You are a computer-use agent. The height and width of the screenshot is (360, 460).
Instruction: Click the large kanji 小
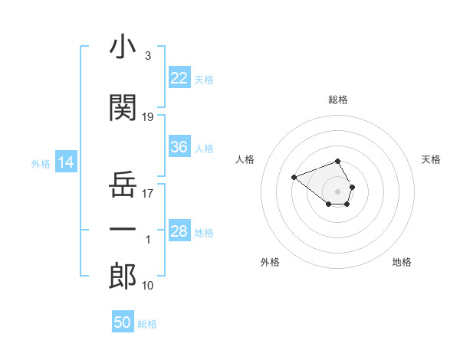pos(123,46)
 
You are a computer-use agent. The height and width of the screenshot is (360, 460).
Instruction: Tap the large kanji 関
pos(123,107)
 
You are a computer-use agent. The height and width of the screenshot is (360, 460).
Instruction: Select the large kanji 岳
pos(123,184)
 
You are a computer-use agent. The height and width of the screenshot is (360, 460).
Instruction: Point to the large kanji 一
pos(123,229)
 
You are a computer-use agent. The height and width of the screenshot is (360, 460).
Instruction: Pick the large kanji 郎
pos(123,276)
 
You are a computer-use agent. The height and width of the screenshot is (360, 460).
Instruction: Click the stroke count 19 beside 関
pos(147,117)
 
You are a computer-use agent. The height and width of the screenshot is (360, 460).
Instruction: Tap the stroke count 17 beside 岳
pos(147,194)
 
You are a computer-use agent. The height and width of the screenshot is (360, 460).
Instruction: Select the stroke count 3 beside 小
pos(148,56)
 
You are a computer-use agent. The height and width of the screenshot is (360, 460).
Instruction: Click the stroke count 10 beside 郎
pos(147,286)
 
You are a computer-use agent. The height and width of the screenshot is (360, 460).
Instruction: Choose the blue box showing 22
pos(179,77)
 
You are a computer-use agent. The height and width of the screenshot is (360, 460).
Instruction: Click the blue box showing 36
pos(179,146)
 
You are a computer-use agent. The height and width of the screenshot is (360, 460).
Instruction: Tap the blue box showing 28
pos(179,230)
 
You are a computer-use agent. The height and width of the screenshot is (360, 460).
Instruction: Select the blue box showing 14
pos(66,162)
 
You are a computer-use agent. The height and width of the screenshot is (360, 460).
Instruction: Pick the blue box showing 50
pos(123,321)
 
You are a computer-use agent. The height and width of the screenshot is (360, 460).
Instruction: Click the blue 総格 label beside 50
pos(147,324)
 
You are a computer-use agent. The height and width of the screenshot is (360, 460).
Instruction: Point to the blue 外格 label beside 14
pos(41,164)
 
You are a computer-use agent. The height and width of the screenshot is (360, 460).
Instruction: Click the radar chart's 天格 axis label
pos(431,159)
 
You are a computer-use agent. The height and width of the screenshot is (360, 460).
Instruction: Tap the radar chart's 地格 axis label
pos(402,262)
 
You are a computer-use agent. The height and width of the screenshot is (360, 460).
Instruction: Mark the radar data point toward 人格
pos(294,177)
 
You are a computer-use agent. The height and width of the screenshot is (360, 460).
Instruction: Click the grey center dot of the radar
pos(337,191)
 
